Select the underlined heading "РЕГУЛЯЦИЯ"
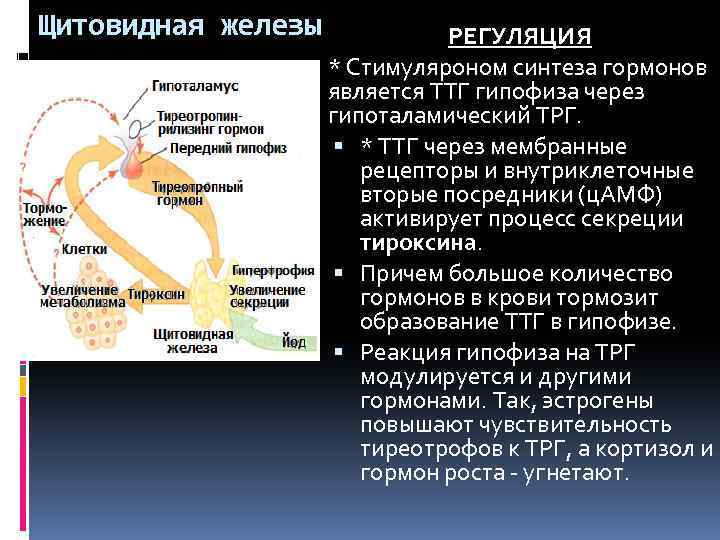tap(519, 37)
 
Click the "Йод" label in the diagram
tap(293, 342)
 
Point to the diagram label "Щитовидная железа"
tap(193, 341)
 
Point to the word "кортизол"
tap(647, 448)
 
